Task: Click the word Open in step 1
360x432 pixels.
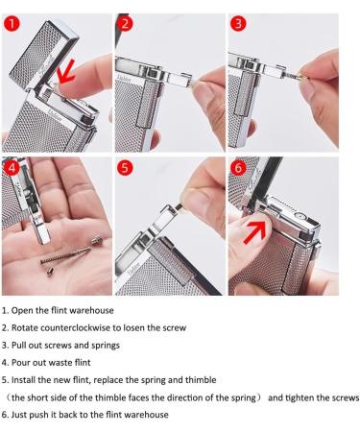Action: (x=23, y=310)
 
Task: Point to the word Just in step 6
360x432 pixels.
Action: (x=21, y=414)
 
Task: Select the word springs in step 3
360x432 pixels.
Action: (x=105, y=345)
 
